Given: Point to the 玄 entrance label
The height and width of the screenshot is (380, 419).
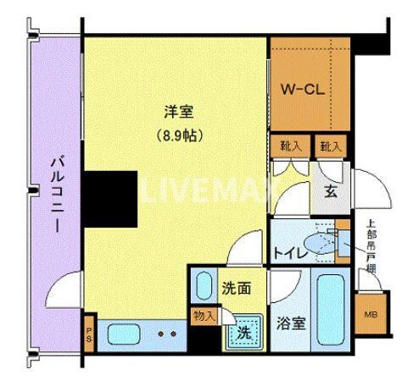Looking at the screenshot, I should pyautogui.click(x=331, y=190).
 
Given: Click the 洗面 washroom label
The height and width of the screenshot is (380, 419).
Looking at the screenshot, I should pyautogui.click(x=237, y=288).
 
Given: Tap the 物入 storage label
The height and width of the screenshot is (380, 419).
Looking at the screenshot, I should pyautogui.click(x=204, y=316).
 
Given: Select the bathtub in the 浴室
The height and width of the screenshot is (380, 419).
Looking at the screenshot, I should pyautogui.click(x=329, y=313).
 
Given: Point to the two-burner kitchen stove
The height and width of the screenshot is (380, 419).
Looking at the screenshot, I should pyautogui.click(x=166, y=332).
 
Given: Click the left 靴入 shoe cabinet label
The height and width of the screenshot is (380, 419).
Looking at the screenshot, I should pyautogui.click(x=289, y=146).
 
